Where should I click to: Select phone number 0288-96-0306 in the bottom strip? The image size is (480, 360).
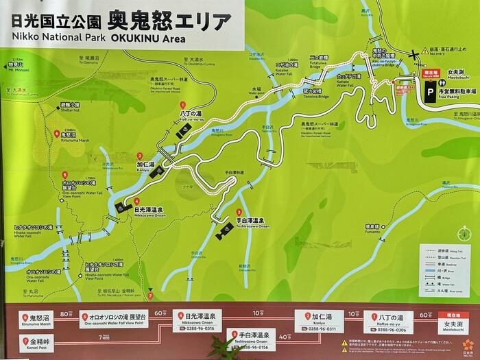tap(390, 329)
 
